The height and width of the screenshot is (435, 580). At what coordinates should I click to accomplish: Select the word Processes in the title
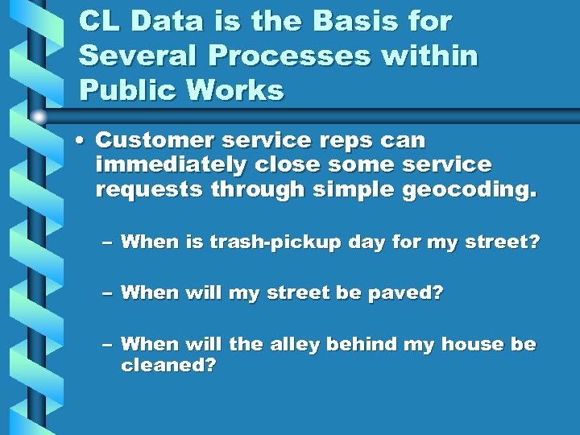[262, 56]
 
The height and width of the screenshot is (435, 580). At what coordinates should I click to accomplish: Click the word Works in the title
[242, 91]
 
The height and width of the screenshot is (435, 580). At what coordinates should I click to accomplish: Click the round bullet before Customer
[81, 141]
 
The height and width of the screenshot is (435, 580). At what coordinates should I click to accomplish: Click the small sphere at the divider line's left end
[39, 116]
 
